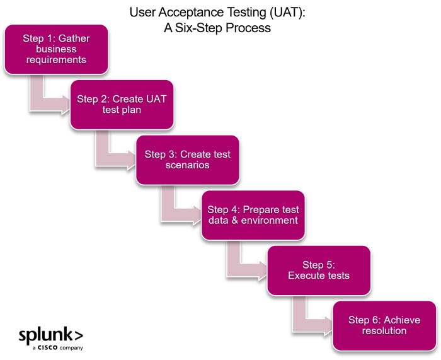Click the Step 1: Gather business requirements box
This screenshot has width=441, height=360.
point(56,49)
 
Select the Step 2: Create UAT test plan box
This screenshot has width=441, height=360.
point(122,105)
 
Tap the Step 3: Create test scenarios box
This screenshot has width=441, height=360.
point(188,160)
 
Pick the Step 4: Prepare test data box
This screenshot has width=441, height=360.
point(253,215)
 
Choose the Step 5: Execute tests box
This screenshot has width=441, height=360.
point(318,270)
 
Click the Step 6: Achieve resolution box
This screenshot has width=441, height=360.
point(384,325)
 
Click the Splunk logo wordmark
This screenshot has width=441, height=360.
point(50,334)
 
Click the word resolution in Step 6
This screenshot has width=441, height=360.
point(384,331)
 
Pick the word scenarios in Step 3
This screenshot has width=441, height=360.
point(188,166)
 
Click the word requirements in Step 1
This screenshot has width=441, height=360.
point(56,61)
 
